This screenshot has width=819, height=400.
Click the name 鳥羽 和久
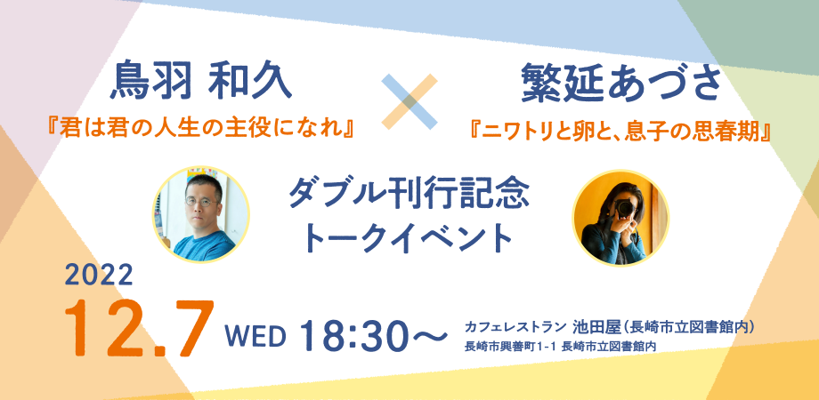pos(199,85)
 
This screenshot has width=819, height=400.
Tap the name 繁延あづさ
pos(620,85)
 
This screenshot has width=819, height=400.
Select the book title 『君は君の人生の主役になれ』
pos(199,130)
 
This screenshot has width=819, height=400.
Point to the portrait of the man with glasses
pos(200,214)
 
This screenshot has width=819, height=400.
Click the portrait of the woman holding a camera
pos(620,216)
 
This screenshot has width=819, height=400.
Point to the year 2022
pos(99,275)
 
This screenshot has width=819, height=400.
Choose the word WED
pos(255,336)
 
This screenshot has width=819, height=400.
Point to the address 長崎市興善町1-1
pos(508,348)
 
